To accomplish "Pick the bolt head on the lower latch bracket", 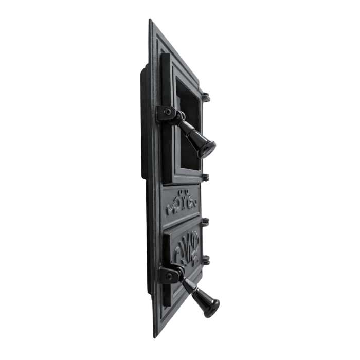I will point(169,276).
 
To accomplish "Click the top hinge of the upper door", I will point(206,96).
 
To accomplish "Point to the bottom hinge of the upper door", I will point(206,177).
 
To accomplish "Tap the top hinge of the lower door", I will point(206,222).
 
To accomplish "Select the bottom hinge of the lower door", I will point(207,260).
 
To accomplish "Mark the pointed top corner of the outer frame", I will point(150,21).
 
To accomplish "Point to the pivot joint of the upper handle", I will point(179,117).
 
